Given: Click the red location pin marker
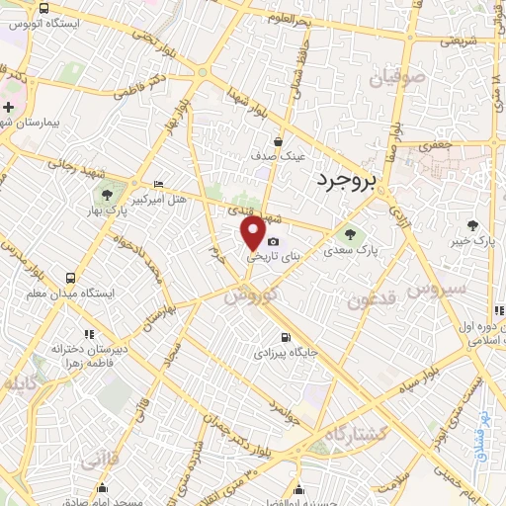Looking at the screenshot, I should [x=253, y=232].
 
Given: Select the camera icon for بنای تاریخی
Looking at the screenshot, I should [x=273, y=242].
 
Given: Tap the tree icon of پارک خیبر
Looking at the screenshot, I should [x=472, y=225].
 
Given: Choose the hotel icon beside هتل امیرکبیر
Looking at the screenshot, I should [x=160, y=184].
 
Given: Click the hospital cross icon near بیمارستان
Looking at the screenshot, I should [x=9, y=107].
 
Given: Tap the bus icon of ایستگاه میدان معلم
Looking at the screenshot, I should [x=69, y=278].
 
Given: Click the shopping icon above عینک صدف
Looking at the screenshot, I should [x=278, y=141].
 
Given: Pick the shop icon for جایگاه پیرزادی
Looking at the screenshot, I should [x=287, y=336].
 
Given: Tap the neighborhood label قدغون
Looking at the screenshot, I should [x=371, y=300].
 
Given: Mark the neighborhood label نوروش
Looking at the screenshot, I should [x=251, y=295].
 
